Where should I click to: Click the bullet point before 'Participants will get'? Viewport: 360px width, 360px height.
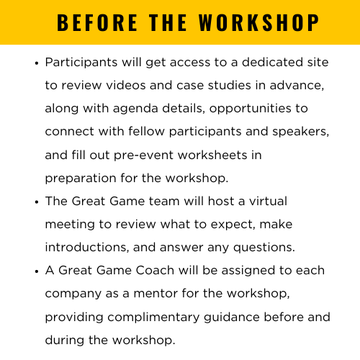click(37, 63)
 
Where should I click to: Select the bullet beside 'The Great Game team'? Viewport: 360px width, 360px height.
click(37, 202)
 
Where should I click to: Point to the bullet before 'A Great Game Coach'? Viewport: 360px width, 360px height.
click(37, 271)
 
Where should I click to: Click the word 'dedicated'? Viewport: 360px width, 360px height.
click(222, 63)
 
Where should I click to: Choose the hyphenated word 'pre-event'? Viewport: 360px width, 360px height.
click(153, 155)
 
